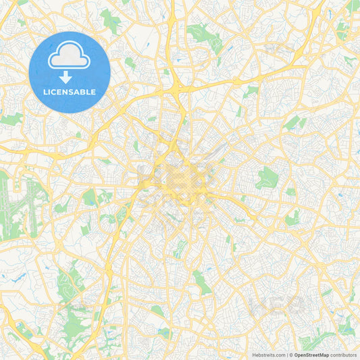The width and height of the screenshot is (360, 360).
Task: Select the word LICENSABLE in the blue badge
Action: [x=70, y=92]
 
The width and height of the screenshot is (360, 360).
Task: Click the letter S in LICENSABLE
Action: [x=72, y=92]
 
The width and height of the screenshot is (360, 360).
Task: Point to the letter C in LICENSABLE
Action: [x=56, y=92]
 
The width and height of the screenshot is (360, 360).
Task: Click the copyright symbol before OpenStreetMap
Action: [x=291, y=354]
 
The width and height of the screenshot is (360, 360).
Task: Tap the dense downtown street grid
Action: [x=179, y=179]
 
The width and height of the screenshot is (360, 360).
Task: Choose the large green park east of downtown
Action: [x=267, y=177]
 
